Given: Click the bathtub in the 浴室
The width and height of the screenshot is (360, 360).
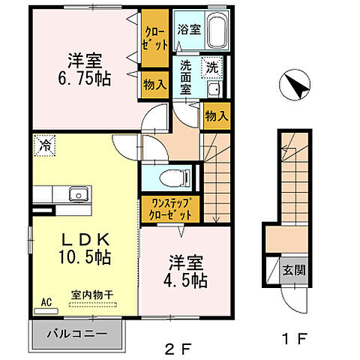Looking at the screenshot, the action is (217, 31).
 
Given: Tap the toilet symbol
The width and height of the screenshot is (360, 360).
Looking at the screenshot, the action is (175, 178).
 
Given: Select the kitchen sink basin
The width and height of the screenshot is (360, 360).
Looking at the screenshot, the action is (79, 194).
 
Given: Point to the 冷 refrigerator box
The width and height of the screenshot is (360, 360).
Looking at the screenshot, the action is (44, 145).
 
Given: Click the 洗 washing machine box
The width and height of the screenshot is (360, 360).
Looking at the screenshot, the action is (212, 67).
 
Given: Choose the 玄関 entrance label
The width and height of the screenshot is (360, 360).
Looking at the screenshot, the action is (294, 270).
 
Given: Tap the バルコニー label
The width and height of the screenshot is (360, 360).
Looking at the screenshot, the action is (77, 334).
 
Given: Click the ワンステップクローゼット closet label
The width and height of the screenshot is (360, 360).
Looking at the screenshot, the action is (170, 209).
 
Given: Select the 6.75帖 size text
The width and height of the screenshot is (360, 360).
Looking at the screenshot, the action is (85, 79).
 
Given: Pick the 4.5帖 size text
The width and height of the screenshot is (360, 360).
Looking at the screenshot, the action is (185, 280).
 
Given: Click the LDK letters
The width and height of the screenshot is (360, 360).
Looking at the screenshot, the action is (85, 239).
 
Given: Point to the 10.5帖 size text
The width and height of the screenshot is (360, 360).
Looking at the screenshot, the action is (85, 257).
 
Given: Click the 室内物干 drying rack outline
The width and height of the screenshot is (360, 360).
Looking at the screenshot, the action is (93, 304).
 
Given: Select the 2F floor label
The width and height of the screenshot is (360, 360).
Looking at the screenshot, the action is (178, 348).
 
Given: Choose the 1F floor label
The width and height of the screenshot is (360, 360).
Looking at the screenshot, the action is (294, 339).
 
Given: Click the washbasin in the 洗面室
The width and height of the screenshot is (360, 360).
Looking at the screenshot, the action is (214, 89).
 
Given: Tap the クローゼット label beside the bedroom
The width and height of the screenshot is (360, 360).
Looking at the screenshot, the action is (154, 39).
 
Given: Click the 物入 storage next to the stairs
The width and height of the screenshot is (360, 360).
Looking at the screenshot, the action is (217, 116).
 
